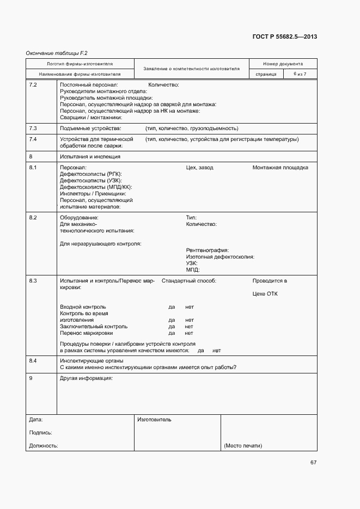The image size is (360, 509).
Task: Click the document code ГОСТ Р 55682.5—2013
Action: [x=285, y=37]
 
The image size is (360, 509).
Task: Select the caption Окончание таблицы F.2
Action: [x=57, y=53]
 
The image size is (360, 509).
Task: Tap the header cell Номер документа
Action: [x=283, y=64]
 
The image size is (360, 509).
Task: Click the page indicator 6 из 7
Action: [x=300, y=73]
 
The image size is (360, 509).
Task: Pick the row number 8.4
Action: [x=33, y=360]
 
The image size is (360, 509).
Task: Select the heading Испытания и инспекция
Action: [x=90, y=156]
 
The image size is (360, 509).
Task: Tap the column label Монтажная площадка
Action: [x=280, y=167]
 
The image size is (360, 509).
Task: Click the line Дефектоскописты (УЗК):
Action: [x=90, y=180]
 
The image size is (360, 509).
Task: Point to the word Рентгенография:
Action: [x=207, y=250]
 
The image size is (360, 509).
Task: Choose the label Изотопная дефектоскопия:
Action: [x=220, y=256]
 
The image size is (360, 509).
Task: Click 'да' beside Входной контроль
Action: [x=172, y=307]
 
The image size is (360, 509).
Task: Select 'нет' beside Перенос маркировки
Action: [x=189, y=333]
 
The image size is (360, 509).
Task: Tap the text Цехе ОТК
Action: [x=265, y=294]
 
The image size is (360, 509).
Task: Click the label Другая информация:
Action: [x=86, y=378]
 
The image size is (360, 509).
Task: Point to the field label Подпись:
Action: [x=41, y=433]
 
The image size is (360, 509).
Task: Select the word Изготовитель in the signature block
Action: [x=154, y=420]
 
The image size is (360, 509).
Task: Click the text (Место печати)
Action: [x=243, y=446]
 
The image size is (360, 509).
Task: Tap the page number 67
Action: [x=313, y=463]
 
